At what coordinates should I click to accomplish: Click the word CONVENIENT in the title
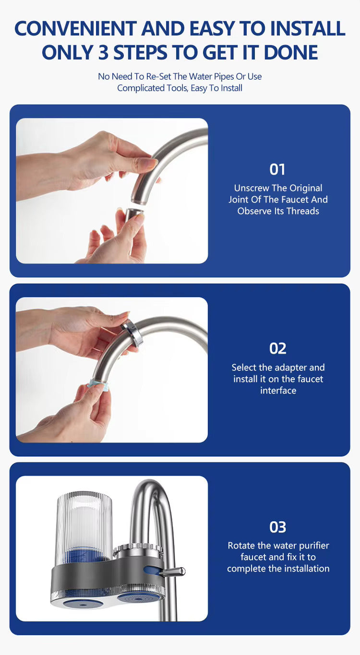pos(75,28)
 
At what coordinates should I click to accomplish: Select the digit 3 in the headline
pos(103,53)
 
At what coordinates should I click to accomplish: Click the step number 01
pos(277,169)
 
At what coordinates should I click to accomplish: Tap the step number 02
pos(278,348)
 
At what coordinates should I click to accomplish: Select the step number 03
pos(278,527)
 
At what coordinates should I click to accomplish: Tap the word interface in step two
pos(278,391)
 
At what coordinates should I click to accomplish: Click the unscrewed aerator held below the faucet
pos(134,215)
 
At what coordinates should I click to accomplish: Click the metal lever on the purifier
pos(172,572)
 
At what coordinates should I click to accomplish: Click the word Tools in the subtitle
pos(176,88)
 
